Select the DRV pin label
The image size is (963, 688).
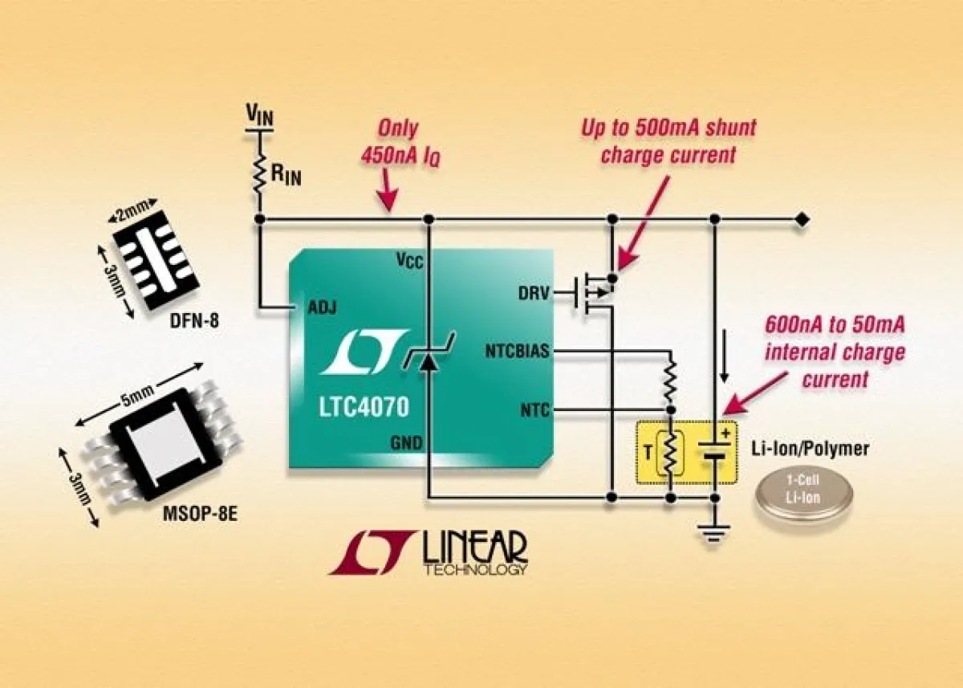534,294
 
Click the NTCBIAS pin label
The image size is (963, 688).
518,351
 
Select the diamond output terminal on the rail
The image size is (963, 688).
801,219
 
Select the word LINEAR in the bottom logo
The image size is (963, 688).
473,548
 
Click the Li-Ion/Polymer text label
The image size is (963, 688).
811,449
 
